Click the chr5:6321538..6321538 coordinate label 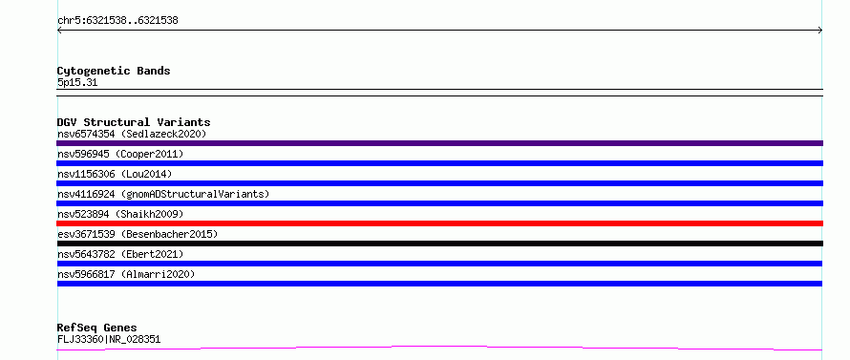117,21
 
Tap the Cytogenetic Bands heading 114,71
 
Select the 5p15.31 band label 77,83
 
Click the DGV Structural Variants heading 134,122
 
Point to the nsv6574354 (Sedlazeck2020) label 132,134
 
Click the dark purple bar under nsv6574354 439,143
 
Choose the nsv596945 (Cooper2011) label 120,154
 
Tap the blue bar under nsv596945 439,163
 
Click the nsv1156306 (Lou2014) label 115,174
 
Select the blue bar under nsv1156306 439,183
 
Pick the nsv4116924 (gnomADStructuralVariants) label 163,194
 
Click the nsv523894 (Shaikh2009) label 120,214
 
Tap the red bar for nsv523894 439,223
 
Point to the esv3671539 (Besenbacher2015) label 138,234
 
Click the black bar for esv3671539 439,244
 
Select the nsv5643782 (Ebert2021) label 120,254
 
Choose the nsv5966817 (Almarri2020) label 126,274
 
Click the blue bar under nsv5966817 439,284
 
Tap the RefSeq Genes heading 97,328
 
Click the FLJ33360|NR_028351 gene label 109,340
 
